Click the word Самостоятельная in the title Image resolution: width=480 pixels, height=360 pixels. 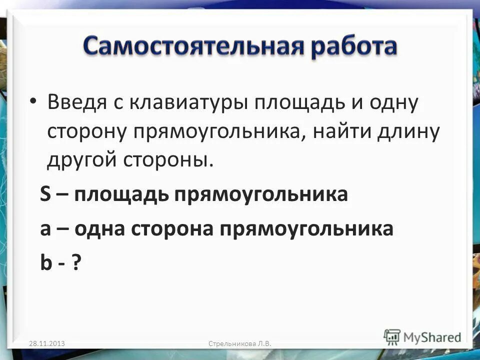pyautogui.click(x=190, y=47)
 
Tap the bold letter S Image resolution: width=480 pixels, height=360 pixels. pyautogui.click(x=45, y=194)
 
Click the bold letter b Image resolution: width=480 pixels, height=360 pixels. pyautogui.click(x=46, y=263)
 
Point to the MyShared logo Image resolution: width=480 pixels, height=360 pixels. pyautogui.click(x=422, y=337)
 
